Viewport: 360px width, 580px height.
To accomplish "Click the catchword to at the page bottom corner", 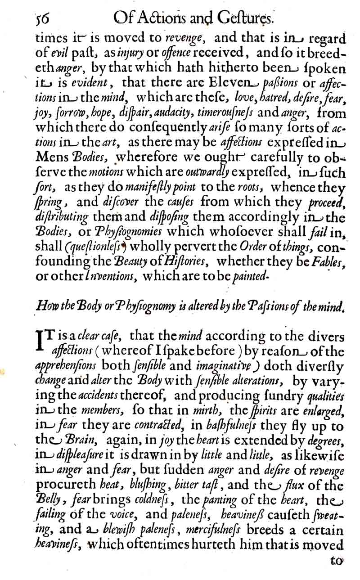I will click(336, 562).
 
